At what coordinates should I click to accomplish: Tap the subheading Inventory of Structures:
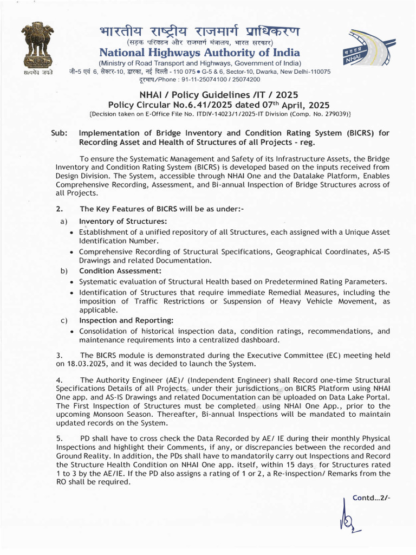click(123, 221)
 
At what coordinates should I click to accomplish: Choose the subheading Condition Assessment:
click(120, 270)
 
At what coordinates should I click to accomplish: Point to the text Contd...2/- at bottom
click(371, 498)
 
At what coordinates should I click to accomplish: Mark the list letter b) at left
click(63, 270)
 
